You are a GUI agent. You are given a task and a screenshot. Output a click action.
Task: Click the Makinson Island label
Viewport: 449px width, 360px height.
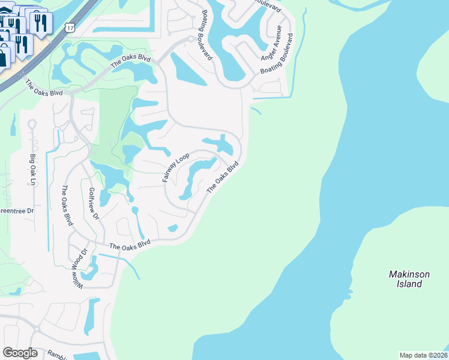click(x=409, y=279)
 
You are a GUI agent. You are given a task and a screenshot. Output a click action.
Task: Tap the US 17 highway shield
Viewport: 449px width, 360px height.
click(x=71, y=28)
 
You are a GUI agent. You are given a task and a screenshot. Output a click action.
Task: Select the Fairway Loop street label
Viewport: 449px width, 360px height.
click(x=175, y=168)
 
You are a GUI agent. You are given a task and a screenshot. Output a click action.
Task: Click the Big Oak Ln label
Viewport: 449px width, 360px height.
click(x=32, y=169)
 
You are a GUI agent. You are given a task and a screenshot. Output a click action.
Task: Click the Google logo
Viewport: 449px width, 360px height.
click(x=20, y=352)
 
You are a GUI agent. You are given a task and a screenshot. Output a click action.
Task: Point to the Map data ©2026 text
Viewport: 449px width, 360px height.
click(x=424, y=355)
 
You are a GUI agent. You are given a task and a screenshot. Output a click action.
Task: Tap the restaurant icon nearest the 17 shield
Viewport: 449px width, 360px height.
click(x=41, y=23)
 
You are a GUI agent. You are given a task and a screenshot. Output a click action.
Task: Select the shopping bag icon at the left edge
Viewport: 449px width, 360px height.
click(x=4, y=57)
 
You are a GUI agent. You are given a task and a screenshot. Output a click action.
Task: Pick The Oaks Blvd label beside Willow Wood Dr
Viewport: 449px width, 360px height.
click(x=130, y=245)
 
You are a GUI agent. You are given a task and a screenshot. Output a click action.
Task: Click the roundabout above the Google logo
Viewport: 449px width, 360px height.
click(x=37, y=329)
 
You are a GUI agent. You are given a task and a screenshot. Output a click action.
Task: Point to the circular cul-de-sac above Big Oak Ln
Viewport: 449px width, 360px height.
click(x=32, y=124)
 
